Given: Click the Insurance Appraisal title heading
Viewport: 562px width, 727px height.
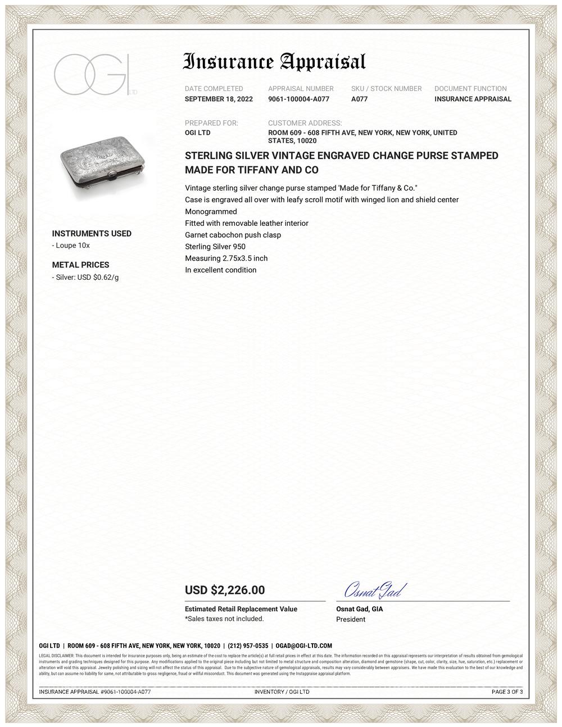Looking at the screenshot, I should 275,62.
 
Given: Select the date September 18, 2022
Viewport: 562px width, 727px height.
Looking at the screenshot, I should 219,99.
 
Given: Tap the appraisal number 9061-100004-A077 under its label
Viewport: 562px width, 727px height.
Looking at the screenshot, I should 298,99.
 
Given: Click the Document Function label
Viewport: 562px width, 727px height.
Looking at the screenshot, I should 470,89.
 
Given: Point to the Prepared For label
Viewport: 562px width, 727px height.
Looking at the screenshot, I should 211,123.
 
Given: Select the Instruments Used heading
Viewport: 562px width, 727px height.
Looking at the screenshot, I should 92,234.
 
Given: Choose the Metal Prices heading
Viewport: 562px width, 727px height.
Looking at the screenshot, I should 80,265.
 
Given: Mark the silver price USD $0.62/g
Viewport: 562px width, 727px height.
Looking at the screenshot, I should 87,277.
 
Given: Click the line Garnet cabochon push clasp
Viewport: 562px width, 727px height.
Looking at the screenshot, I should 233,235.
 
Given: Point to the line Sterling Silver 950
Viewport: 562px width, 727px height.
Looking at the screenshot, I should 215,247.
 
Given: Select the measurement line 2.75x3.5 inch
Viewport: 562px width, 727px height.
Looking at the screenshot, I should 226,258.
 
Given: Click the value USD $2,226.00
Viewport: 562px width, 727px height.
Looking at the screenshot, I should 225,590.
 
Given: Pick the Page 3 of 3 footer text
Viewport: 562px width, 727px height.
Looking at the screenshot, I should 507,692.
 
